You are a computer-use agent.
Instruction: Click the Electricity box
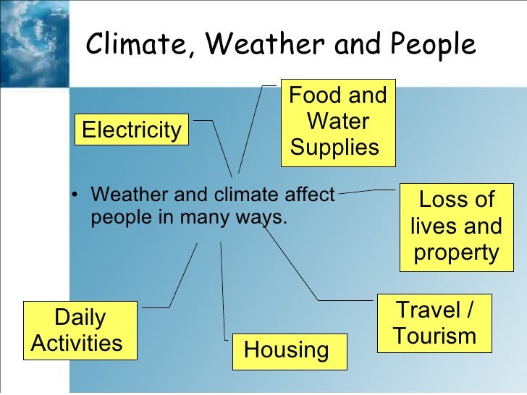131,130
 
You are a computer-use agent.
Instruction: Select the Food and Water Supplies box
337,122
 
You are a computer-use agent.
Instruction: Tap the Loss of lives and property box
455,226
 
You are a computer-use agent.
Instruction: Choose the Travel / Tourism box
434,323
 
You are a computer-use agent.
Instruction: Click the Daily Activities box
79,330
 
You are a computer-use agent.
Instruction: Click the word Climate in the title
137,46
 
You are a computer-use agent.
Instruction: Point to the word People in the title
432,46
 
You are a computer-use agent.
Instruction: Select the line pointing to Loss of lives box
369,192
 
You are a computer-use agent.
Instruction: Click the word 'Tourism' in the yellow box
434,336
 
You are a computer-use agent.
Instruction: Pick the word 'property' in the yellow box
455,253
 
